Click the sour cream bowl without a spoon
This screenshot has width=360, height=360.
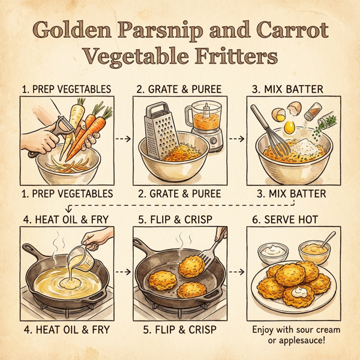[269, 253]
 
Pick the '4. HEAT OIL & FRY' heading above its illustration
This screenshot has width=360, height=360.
[66, 219]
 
